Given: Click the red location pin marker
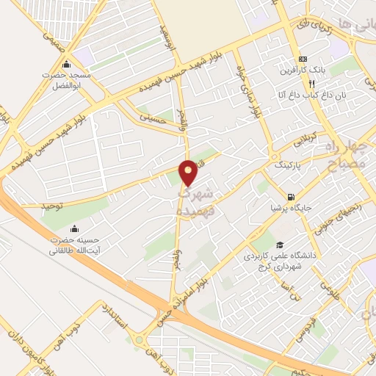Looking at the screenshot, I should click(x=188, y=173).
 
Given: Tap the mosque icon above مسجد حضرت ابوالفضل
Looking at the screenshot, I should click(x=67, y=62).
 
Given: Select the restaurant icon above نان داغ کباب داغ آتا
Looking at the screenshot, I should click(x=311, y=84).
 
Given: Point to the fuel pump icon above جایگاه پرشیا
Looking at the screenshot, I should click(x=292, y=197).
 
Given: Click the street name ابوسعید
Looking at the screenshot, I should click(x=167, y=37).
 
